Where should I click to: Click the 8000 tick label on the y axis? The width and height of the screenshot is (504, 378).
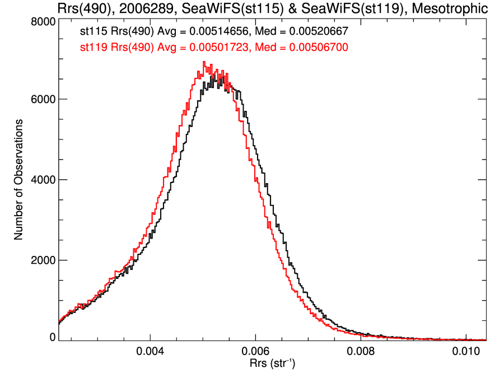41,22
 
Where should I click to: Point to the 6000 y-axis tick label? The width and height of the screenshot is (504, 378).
41,99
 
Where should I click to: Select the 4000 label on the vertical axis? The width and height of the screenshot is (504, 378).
41,180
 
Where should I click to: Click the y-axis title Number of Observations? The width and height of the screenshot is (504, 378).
18,180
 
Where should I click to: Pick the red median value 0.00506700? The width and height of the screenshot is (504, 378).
319,48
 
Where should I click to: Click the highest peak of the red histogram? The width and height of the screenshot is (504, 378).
204,62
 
